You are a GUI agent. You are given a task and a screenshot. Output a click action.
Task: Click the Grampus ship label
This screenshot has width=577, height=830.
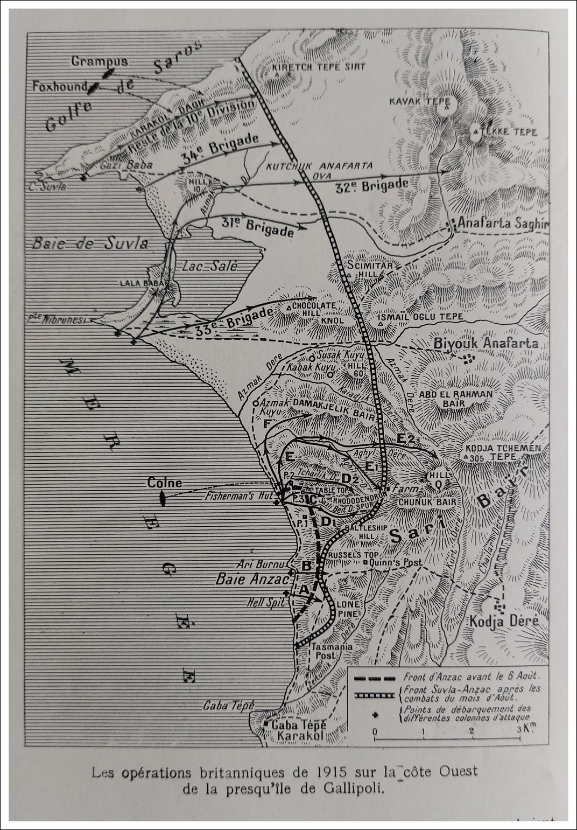pos(100,61)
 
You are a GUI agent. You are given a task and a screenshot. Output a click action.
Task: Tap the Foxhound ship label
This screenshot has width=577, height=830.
pos(59,86)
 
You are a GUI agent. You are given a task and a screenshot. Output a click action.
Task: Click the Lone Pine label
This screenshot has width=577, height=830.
pos(348,609)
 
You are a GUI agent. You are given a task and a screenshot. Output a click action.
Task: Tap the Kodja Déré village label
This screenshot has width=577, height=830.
pos(504,620)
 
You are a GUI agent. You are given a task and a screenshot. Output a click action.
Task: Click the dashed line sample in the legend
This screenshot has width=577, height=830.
pos(376,676)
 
